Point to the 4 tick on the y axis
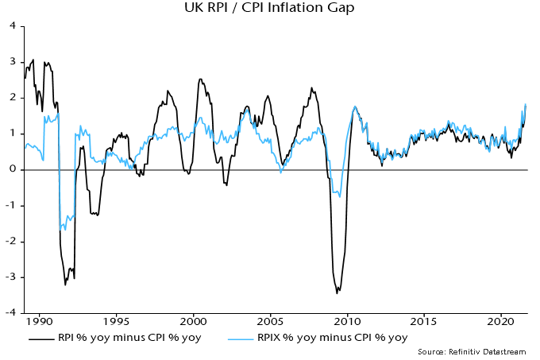pos(13,25)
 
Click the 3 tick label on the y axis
pos(13,61)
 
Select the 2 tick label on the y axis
pos(13,97)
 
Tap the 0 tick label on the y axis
pos(13,169)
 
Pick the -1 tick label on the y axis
pos(12,205)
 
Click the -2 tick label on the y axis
pos(12,241)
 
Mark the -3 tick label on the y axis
pos(12,277)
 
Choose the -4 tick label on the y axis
pos(12,312)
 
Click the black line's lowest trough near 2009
pos(337,293)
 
